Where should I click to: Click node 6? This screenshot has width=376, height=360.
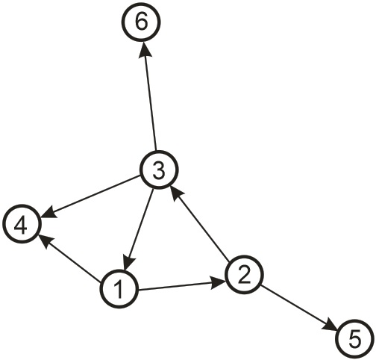coord(141,22)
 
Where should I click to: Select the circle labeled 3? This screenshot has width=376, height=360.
coord(159,170)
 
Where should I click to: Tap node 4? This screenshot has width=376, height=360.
coord(22,223)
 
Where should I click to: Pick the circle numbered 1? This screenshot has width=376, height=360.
coord(119,289)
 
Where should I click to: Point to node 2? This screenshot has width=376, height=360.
coord(244,274)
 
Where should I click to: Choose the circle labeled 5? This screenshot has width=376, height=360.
coord(355,338)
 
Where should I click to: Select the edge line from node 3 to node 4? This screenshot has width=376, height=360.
coord(91,196)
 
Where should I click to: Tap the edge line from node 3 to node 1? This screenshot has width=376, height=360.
coord(139,229)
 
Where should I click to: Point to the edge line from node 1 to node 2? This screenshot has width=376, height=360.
coord(182,285)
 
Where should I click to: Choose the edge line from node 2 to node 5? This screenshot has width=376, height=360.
coord(298,308)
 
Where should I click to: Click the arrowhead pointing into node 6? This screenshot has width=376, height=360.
coord(143,49)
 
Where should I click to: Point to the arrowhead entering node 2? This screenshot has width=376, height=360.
coord(219,282)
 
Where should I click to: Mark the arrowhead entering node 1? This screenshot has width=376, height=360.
coord(128,263)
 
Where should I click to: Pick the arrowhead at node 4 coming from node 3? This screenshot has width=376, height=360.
coord(49,212)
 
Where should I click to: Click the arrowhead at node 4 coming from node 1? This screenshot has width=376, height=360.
coord(46,241)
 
